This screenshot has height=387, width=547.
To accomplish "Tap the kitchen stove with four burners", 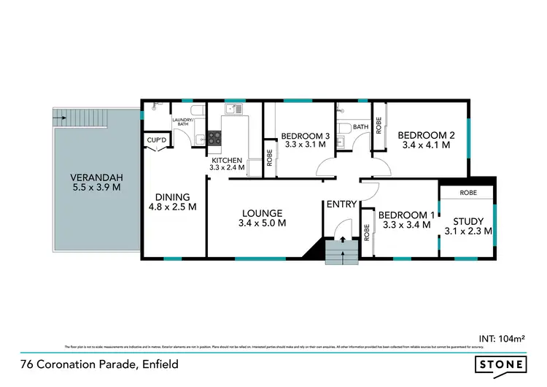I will [x=215, y=135].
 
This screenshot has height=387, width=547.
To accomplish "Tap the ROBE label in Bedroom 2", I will [x=379, y=126].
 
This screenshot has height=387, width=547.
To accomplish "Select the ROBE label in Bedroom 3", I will [x=270, y=158].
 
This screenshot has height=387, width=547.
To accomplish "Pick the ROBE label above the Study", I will [x=468, y=193].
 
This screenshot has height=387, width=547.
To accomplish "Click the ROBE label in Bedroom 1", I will [x=367, y=232].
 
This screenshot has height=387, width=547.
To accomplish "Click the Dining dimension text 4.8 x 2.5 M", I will [x=172, y=207].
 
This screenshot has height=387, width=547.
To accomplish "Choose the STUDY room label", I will [x=468, y=221].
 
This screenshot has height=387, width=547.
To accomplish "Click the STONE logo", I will [x=501, y=364].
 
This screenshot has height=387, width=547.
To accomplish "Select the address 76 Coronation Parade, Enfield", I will [x=99, y=364].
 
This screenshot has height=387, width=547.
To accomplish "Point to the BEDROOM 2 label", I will [x=426, y=134].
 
